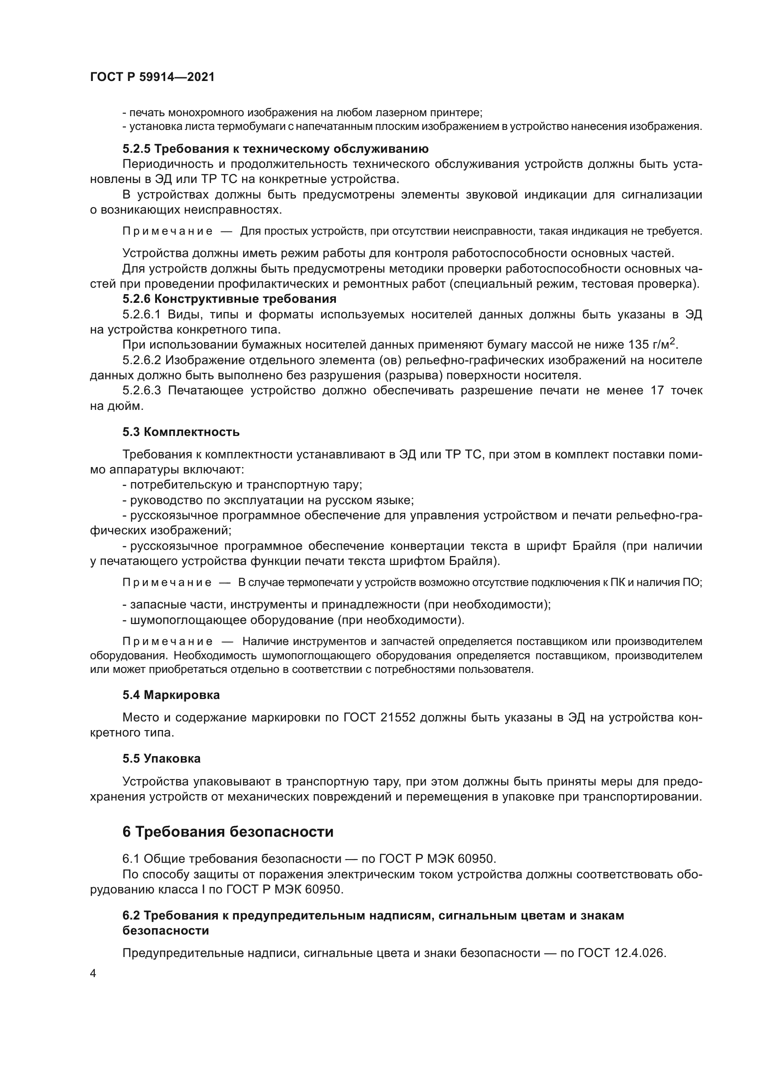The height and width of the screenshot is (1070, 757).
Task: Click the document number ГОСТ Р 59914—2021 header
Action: click(x=152, y=77)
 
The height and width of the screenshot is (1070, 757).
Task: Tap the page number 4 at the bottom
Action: click(x=93, y=973)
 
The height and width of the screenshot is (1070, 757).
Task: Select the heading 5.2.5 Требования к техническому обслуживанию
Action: click(x=276, y=149)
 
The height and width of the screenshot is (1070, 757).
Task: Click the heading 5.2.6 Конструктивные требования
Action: click(x=229, y=298)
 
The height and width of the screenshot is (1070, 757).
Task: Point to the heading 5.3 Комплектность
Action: click(x=181, y=432)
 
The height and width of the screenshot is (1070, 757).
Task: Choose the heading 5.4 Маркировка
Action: click(x=171, y=695)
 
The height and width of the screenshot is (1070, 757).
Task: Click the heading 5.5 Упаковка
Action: click(x=161, y=758)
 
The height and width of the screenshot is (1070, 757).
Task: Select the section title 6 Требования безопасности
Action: click(x=228, y=831)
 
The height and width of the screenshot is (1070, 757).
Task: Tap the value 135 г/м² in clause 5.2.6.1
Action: click(x=652, y=344)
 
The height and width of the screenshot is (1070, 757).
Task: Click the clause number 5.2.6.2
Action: click(x=141, y=360)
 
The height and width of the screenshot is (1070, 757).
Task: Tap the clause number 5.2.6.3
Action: click(x=141, y=391)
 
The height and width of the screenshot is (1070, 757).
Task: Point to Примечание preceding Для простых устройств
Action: click(x=168, y=231)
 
